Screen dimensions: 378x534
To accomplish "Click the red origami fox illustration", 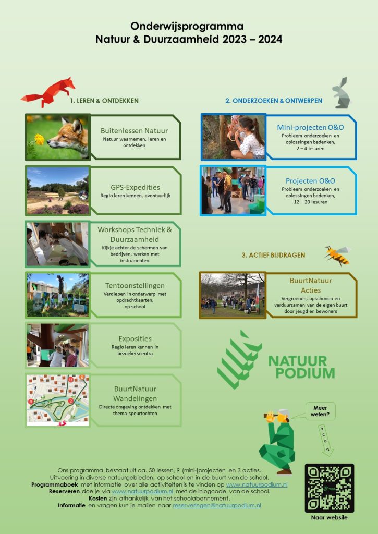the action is point(48,92).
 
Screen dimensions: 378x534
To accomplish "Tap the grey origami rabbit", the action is point(341,93).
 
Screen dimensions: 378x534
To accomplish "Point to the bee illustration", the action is point(337,256).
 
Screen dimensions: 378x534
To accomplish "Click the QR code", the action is point(330,488).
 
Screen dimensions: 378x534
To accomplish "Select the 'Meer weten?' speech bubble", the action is point(320,411).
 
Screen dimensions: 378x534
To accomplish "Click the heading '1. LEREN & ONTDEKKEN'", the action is point(104,101).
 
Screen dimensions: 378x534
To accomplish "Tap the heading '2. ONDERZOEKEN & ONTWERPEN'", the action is point(274,101).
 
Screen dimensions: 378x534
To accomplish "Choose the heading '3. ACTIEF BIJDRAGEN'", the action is point(273,255).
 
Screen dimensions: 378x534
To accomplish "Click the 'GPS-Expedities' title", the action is point(135,187).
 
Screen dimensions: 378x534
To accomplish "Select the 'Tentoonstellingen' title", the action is point(135,286).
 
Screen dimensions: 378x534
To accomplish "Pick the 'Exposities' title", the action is point(135,339).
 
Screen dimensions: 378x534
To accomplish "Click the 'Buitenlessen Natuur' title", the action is point(134,131).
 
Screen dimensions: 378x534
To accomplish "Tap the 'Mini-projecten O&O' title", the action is point(310,127).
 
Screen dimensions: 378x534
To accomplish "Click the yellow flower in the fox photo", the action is point(39,139).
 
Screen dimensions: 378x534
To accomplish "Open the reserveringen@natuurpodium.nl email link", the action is point(217,506).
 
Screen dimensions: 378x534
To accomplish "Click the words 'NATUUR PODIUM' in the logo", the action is point(301,367).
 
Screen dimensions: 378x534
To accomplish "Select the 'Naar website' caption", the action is point(330,518).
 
